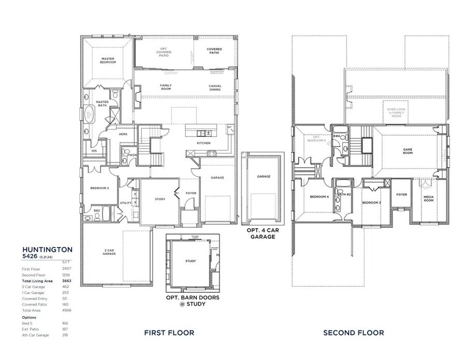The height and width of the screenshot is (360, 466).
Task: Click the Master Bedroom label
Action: pyautogui.click(x=108, y=61)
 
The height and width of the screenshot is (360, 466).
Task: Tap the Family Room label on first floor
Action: pyautogui.click(x=166, y=87)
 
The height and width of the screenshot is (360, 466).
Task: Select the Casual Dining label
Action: pyautogui.click(x=215, y=87)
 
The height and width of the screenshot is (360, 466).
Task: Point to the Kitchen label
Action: pyautogui.click(x=203, y=143)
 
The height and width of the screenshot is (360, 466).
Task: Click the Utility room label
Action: pyautogui.click(x=125, y=203)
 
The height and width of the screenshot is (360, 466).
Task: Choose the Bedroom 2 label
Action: pyautogui.click(x=99, y=188)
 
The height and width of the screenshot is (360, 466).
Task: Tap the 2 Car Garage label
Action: pyautogui.click(x=109, y=253)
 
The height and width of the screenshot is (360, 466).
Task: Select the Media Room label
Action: pyautogui.click(x=429, y=198)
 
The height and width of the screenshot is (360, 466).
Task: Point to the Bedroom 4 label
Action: pyautogui.click(x=319, y=197)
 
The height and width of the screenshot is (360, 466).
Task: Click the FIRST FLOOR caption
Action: pyautogui.click(x=169, y=333)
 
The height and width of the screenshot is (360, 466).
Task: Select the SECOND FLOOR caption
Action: pyautogui.click(x=354, y=333)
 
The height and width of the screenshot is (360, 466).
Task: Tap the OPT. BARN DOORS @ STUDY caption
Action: pyautogui.click(x=192, y=301)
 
